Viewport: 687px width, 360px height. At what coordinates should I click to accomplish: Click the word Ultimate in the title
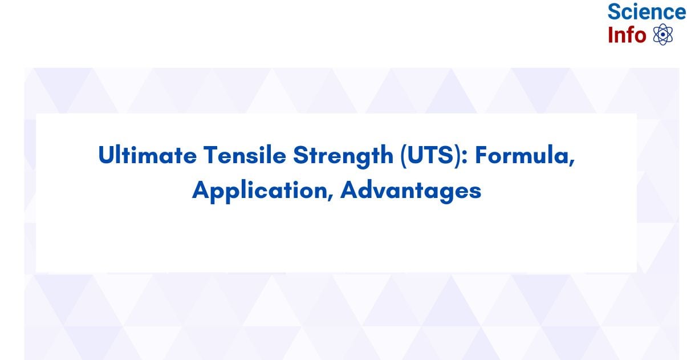pyautogui.click(x=147, y=155)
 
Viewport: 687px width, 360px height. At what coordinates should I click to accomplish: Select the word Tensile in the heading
pyautogui.click(x=245, y=155)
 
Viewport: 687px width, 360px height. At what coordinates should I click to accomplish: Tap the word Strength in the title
pyautogui.click(x=343, y=156)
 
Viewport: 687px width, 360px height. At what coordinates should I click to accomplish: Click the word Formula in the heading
pyautogui.click(x=522, y=155)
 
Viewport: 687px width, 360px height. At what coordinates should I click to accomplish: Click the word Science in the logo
pyautogui.click(x=647, y=11)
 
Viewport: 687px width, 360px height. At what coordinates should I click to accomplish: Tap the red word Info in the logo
pyautogui.click(x=627, y=35)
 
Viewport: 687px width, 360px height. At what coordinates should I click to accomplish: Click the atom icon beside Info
pyautogui.click(x=663, y=34)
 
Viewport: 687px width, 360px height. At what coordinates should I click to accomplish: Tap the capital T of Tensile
pyautogui.click(x=212, y=155)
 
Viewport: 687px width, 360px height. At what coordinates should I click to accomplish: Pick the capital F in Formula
pyautogui.click(x=482, y=155)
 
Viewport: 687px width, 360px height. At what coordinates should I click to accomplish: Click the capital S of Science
pyautogui.click(x=614, y=11)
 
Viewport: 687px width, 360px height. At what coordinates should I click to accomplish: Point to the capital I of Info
pyautogui.click(x=610, y=35)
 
